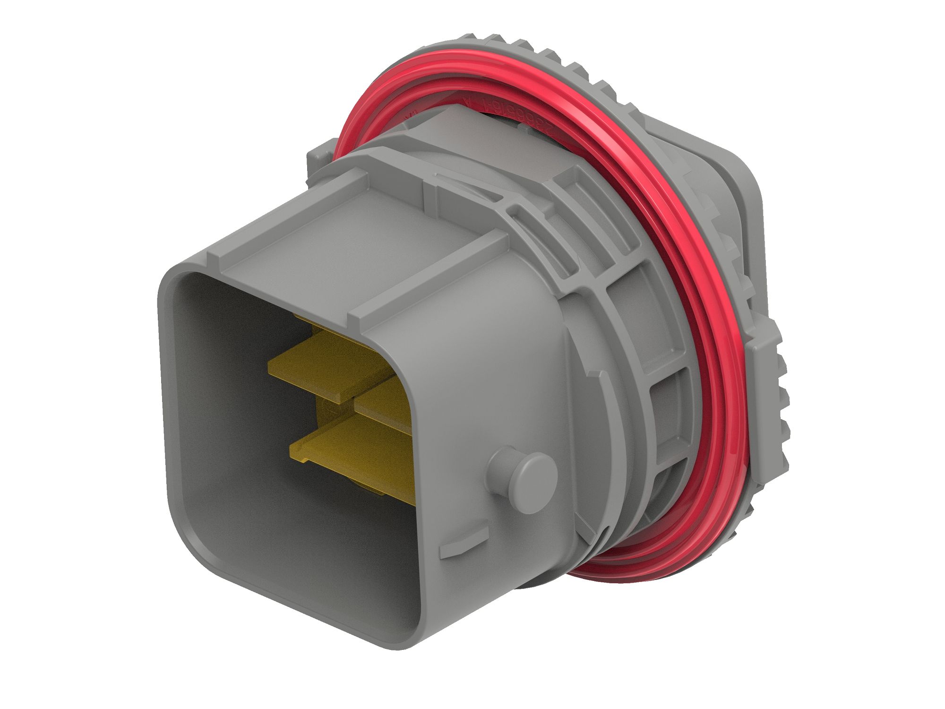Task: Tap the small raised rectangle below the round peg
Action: click(463, 549)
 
